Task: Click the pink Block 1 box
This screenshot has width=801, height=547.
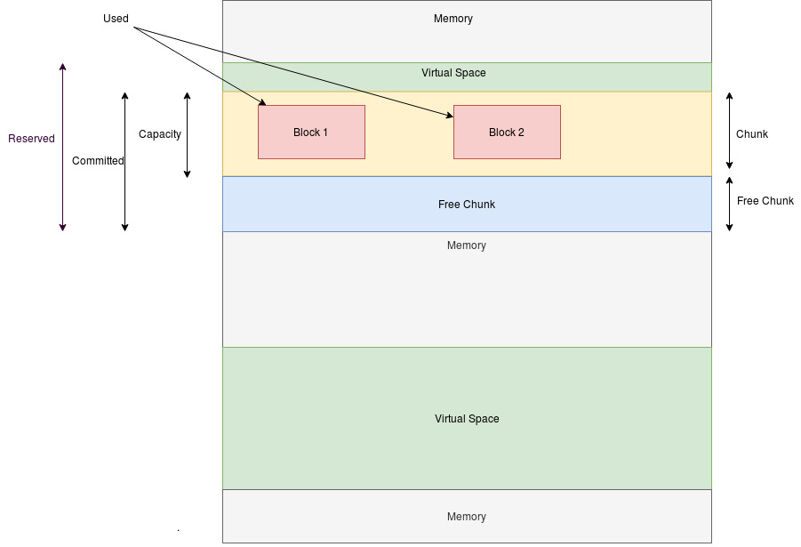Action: pyautogui.click(x=311, y=132)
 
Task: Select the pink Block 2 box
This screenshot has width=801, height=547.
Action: pyautogui.click(x=507, y=132)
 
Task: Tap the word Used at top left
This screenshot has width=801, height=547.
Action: pyautogui.click(x=116, y=19)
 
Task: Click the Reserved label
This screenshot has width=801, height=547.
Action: pyautogui.click(x=31, y=139)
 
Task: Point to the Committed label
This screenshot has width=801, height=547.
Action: pyautogui.click(x=98, y=161)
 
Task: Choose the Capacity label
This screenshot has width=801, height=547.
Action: pyautogui.click(x=160, y=134)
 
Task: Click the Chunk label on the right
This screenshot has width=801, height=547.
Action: pyautogui.click(x=752, y=134)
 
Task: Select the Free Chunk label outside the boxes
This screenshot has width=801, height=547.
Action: pyautogui.click(x=765, y=201)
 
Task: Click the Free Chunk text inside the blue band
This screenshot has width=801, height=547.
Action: pyautogui.click(x=467, y=205)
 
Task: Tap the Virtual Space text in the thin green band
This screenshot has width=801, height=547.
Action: pyautogui.click(x=453, y=73)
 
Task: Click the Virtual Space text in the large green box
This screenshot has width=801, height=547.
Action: pyautogui.click(x=467, y=419)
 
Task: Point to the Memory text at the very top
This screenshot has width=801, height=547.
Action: pyautogui.click(x=453, y=19)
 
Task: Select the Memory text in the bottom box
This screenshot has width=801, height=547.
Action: pyautogui.click(x=467, y=517)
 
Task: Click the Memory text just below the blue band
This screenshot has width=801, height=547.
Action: pyautogui.click(x=467, y=245)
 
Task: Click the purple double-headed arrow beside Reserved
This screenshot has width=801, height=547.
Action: pyautogui.click(x=62, y=148)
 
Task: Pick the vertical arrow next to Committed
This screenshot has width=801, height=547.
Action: pyautogui.click(x=125, y=161)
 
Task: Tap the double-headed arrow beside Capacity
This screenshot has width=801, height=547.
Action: pyautogui.click(x=188, y=134)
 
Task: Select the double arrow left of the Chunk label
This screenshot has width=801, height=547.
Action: pyautogui.click(x=729, y=130)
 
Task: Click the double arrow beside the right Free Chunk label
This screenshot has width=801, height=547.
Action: pyautogui.click(x=729, y=204)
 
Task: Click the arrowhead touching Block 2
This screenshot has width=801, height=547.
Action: pyautogui.click(x=449, y=115)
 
